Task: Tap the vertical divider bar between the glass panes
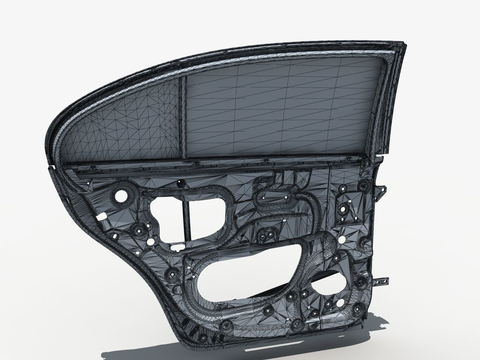click(182, 118)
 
